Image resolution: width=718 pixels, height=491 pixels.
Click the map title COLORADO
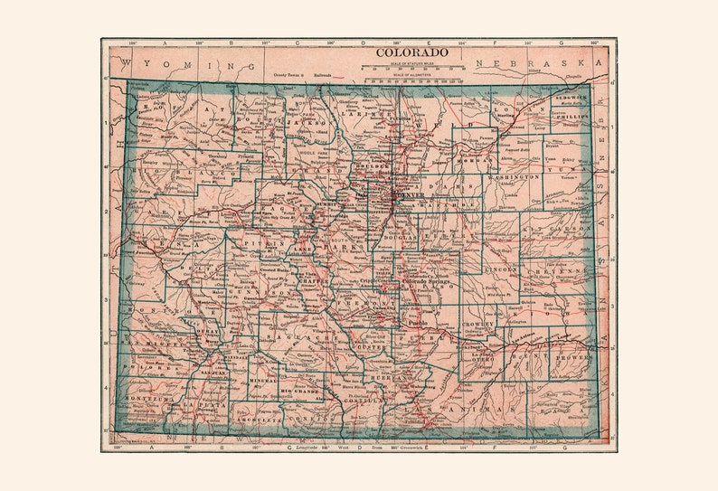click(x=411, y=52)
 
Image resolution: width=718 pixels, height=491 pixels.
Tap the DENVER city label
click(x=408, y=194)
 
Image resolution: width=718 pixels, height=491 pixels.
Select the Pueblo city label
click(x=416, y=322)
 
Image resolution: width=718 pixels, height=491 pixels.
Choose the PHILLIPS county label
click(x=572, y=117)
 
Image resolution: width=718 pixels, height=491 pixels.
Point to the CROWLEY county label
click(x=479, y=323)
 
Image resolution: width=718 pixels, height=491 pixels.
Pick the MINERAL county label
click(x=263, y=381)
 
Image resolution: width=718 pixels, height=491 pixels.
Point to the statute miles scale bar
click(x=412, y=67)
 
